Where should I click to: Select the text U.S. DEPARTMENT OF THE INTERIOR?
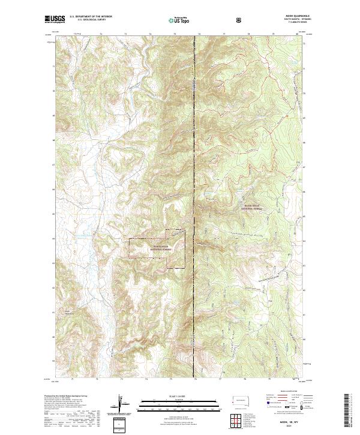point(91,18)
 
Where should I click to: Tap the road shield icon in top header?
point(240,20)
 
